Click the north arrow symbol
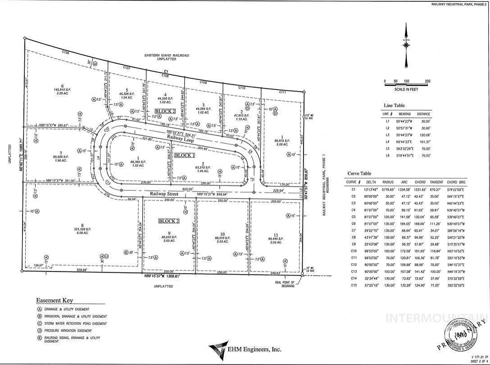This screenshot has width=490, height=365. click(406, 43)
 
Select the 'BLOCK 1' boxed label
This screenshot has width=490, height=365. click(184, 155)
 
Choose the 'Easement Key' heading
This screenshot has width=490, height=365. click(54, 301)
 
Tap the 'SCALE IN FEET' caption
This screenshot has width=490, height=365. click(406, 89)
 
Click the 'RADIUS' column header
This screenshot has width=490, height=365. click(388, 182)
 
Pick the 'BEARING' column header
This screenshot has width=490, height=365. click(405, 114)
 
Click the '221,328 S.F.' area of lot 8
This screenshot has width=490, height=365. click(82, 229)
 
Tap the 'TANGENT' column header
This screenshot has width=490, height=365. click(436, 182)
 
